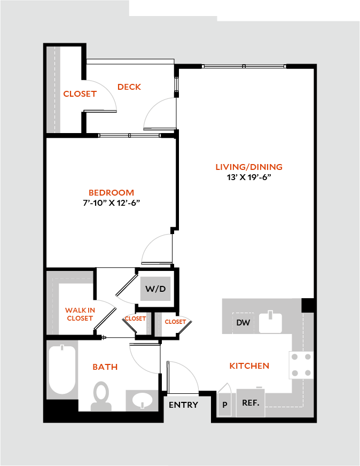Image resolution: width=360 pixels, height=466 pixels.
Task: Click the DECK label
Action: click(x=129, y=87)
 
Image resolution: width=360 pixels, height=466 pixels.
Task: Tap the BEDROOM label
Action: click(x=112, y=192)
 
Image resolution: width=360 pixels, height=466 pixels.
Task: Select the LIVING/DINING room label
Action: click(x=249, y=167)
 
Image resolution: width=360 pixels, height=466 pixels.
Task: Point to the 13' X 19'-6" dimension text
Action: click(x=249, y=177)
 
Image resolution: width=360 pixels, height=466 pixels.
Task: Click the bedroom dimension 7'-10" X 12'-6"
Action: click(x=112, y=203)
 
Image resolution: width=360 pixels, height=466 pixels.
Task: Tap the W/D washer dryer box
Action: click(x=155, y=289)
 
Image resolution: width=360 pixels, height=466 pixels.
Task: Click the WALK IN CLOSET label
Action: click(x=80, y=314)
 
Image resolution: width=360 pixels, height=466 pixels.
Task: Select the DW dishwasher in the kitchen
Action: click(x=243, y=323)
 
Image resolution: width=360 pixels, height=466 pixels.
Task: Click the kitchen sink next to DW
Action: click(x=270, y=322)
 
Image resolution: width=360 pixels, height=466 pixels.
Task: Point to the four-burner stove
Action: click(x=301, y=365)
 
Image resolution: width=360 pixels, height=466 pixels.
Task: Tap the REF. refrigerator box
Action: click(x=251, y=403)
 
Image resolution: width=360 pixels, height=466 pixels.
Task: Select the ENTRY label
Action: click(x=183, y=405)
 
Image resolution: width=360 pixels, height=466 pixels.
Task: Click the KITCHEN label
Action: click(x=249, y=366)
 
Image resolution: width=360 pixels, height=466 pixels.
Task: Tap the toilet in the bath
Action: click(x=101, y=397)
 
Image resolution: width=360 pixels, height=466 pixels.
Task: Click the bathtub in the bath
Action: click(x=62, y=370)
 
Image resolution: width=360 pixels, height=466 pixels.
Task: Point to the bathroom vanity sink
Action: click(x=142, y=400)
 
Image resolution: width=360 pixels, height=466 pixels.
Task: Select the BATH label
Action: click(x=105, y=367)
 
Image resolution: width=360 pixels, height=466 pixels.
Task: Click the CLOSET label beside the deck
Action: click(x=80, y=94)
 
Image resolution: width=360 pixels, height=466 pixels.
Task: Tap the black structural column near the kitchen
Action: click(x=308, y=305)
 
